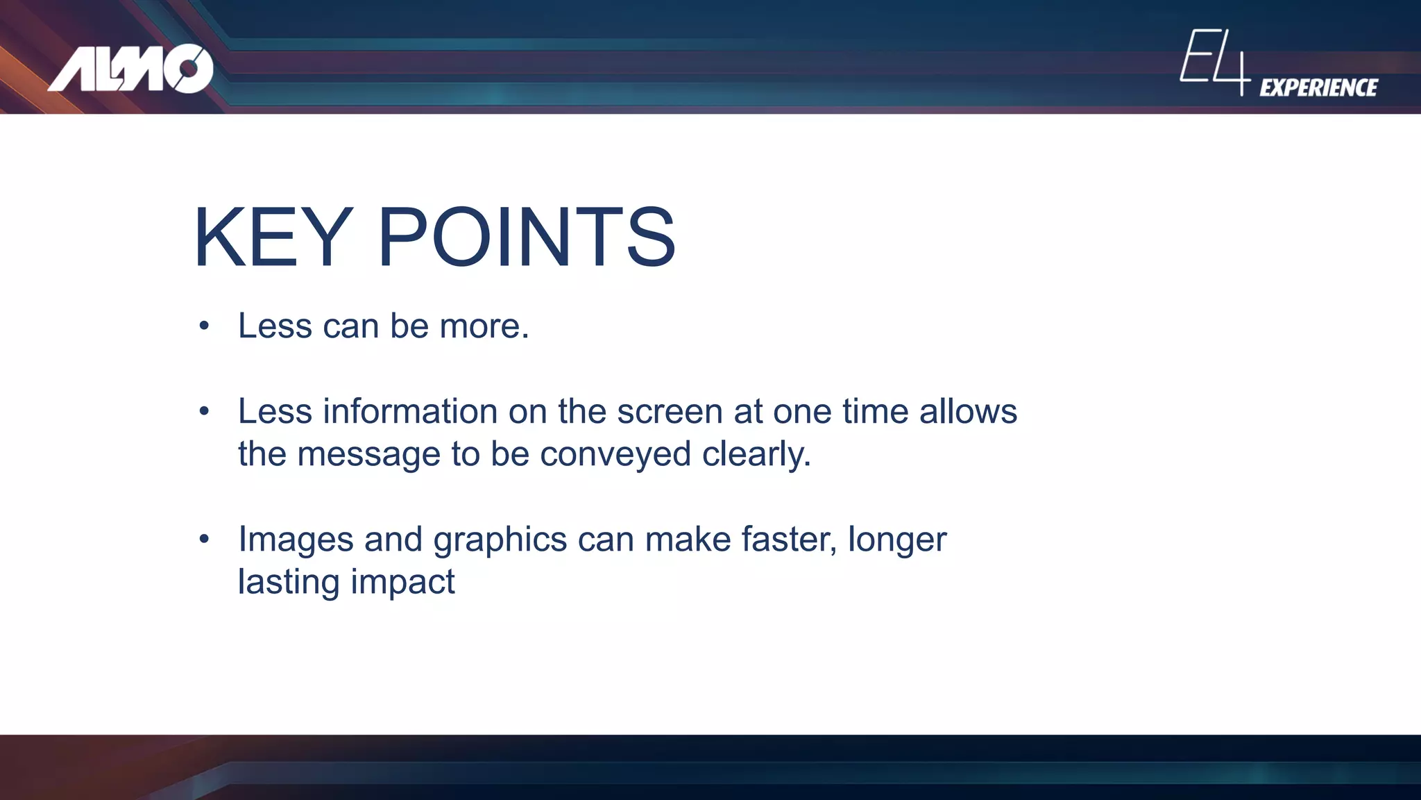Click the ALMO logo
click(130, 68)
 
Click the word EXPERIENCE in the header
click(1318, 87)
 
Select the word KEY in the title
click(273, 237)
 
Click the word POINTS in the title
click(526, 237)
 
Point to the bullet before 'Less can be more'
click(203, 326)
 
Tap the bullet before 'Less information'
click(203, 411)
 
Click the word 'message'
click(368, 454)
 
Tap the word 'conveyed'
click(615, 454)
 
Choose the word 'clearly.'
click(756, 454)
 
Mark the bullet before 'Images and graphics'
click(203, 539)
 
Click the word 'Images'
click(296, 539)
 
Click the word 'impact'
click(402, 582)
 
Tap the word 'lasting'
click(289, 582)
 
